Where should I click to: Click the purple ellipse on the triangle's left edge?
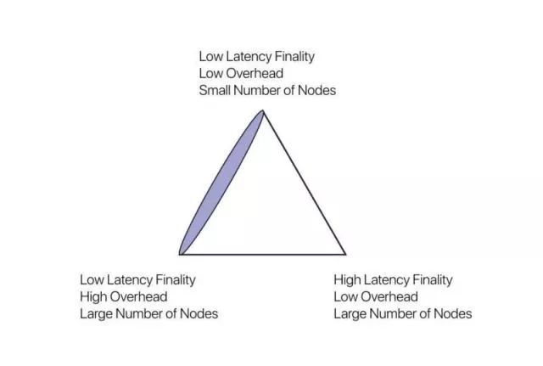tap(221, 183)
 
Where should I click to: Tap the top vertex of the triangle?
tap(263, 111)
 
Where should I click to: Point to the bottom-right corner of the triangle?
tap(345, 255)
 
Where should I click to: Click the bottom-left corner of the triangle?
tap(180, 255)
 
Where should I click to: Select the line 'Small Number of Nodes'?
tap(267, 91)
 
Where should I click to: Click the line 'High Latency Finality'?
tap(393, 279)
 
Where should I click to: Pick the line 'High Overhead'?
tap(124, 296)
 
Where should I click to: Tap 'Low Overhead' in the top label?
tap(241, 74)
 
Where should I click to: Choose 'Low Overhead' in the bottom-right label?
tap(376, 296)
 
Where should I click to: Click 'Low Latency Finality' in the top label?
tap(256, 57)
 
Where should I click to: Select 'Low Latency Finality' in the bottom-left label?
tap(137, 279)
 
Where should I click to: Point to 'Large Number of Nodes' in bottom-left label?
tap(149, 314)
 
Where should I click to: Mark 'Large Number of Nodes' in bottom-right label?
tap(403, 314)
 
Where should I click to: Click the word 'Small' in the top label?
tap(215, 91)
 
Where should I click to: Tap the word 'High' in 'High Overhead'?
tap(93, 297)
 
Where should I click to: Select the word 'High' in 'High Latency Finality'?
tap(347, 280)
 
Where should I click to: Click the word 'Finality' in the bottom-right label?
tap(433, 280)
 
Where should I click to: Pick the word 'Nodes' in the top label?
tap(316, 91)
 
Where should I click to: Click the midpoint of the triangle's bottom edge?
tap(263, 255)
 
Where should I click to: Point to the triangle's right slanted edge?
tap(305, 183)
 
